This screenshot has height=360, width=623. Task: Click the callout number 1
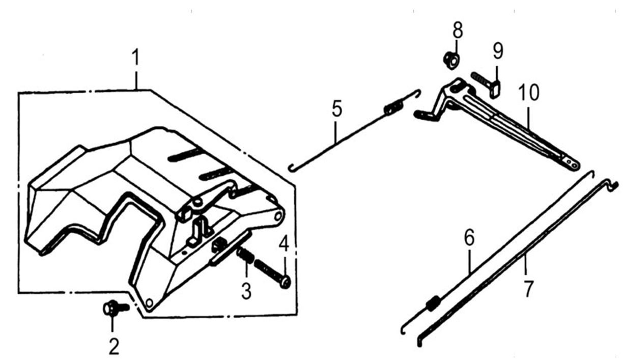coord(135,58)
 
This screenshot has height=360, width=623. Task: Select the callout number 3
coord(246,291)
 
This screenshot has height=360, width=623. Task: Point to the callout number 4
coord(284,244)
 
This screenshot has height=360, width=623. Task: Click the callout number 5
coord(337,108)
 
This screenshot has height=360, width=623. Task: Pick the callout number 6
coord(469,237)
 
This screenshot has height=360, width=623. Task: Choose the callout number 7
coord(528,289)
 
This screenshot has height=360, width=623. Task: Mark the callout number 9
coord(498,51)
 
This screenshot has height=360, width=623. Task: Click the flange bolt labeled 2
coord(116,308)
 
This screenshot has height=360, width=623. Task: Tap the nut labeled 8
coord(451,61)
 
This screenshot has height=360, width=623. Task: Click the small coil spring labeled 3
coord(245,255)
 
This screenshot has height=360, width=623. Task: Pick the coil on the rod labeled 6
coord(433,303)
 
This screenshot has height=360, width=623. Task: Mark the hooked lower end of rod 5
coord(292,169)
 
